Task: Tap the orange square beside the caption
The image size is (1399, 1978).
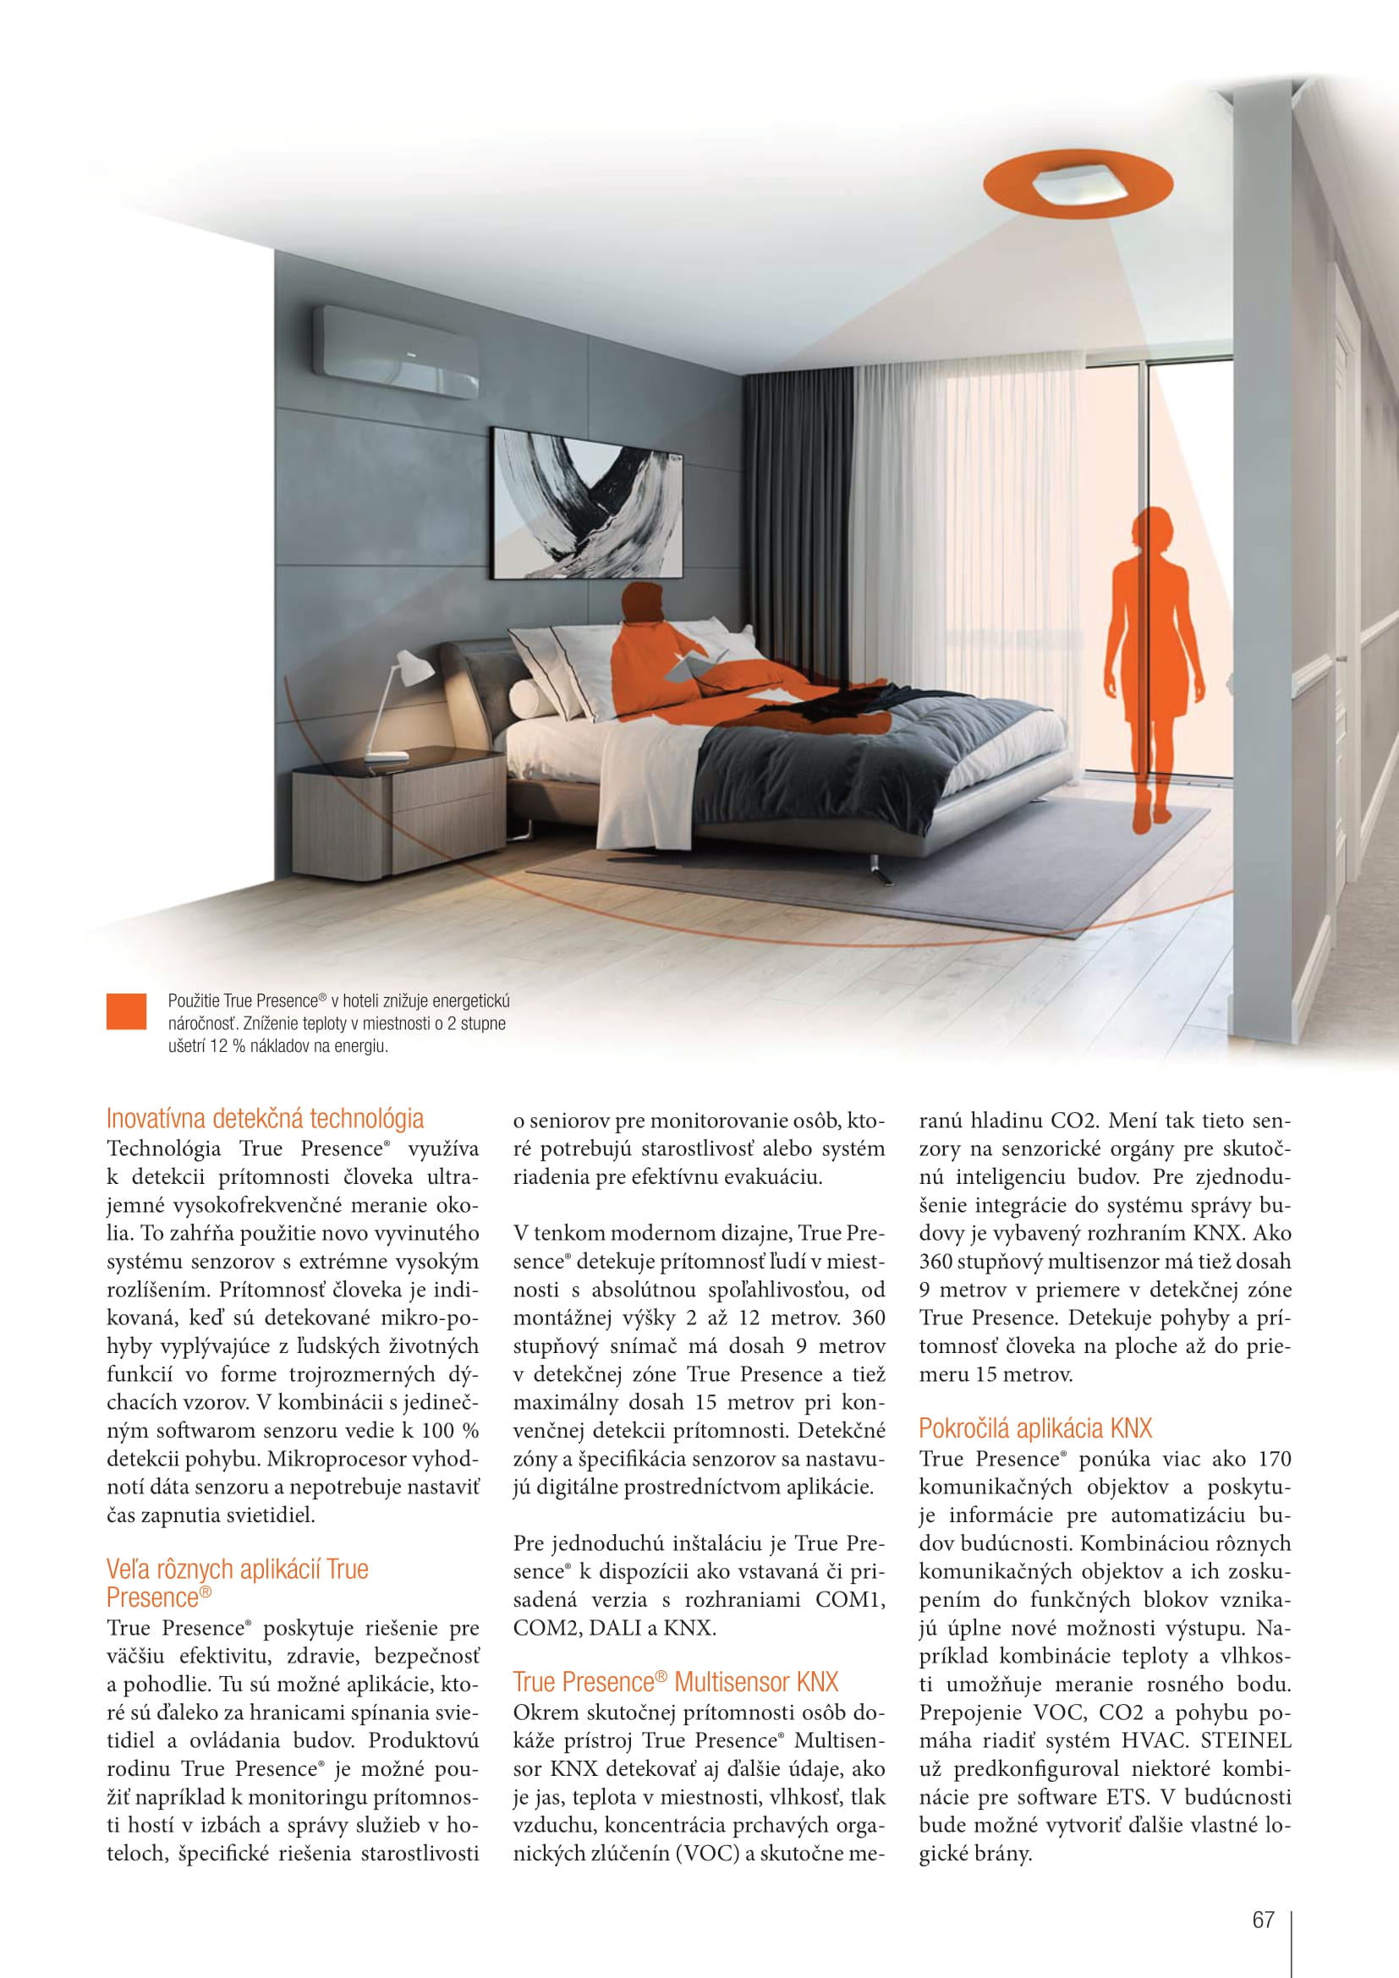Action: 126,1011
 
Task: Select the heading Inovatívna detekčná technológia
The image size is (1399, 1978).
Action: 265,1118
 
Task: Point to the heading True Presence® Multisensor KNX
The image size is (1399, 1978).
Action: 675,1682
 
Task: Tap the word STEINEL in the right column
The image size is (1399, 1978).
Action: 1246,1742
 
